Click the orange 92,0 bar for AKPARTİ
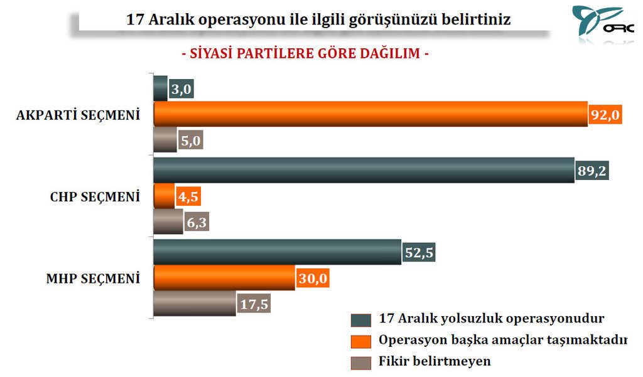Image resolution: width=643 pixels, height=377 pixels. click(370, 114)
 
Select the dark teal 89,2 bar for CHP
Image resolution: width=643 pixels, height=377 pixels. click(364, 170)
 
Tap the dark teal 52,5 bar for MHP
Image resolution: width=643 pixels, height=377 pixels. click(278, 252)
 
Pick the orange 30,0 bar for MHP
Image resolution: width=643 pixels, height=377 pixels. click(224, 278)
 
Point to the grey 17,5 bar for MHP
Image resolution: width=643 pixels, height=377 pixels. click(195, 304)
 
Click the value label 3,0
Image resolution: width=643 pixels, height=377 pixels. click(181, 88)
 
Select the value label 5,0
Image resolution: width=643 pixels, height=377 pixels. click(191, 140)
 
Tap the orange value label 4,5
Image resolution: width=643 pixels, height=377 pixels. click(188, 196)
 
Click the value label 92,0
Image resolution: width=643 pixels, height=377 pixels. click(605, 114)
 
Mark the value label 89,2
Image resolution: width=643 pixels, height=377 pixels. click(592, 170)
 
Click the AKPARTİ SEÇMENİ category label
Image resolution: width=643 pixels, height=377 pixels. click(78, 115)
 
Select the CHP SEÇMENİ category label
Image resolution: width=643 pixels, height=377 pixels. click(95, 197)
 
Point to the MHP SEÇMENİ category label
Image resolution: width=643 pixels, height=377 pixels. click(93, 279)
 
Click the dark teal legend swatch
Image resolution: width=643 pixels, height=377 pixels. click(361, 320)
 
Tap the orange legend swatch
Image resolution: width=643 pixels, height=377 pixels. click(361, 341)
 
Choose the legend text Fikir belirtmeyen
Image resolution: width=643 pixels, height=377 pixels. click(435, 361)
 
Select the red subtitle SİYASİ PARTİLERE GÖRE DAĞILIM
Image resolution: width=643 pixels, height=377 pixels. click(305, 53)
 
